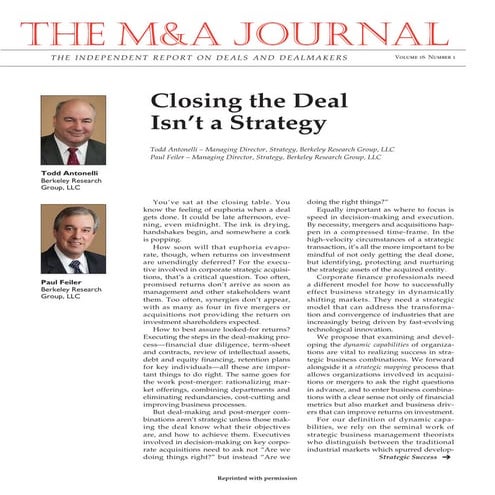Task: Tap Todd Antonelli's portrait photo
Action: [72, 132]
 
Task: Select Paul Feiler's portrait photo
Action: [72, 241]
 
